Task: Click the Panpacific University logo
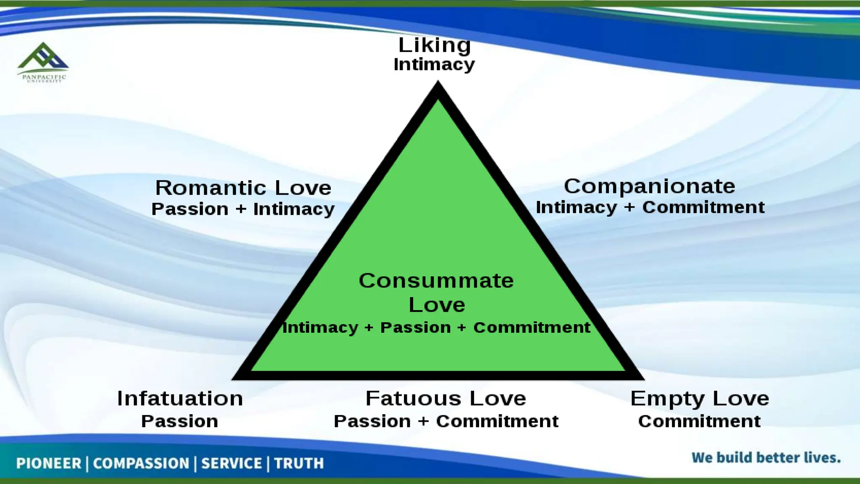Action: [x=43, y=62]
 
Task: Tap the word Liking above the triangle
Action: [x=434, y=45]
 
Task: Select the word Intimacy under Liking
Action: [x=434, y=65]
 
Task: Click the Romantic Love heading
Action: [x=243, y=188]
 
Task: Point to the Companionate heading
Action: [x=649, y=186]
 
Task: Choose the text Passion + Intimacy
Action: [x=243, y=209]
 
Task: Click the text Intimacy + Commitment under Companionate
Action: [x=650, y=208]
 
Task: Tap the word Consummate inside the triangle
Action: [x=436, y=281]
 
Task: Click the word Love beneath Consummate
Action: [x=437, y=305]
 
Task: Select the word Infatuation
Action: [x=180, y=398]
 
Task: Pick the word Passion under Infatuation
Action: [x=179, y=421]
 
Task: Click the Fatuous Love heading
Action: [x=446, y=398]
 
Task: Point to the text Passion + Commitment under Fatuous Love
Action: [x=446, y=421]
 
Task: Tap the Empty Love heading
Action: [x=700, y=398]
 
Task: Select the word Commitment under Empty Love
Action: [x=699, y=421]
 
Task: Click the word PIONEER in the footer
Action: [x=48, y=463]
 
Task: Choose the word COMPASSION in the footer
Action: [x=141, y=463]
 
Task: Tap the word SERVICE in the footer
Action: [x=231, y=463]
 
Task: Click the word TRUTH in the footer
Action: [x=299, y=463]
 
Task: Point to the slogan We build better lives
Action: [x=766, y=458]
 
